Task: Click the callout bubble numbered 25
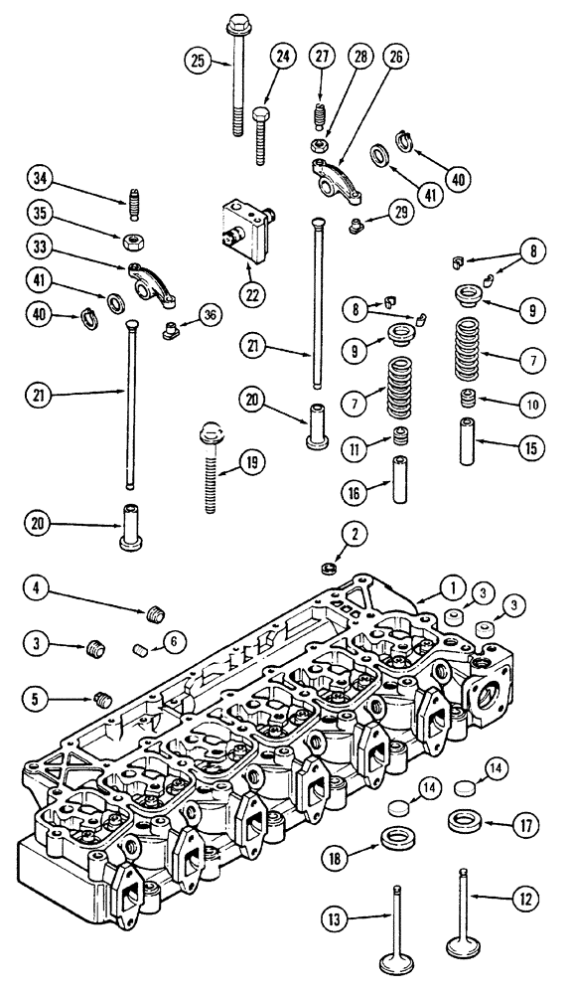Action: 199,61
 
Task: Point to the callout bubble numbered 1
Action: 424,587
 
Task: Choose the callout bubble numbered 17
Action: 525,823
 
